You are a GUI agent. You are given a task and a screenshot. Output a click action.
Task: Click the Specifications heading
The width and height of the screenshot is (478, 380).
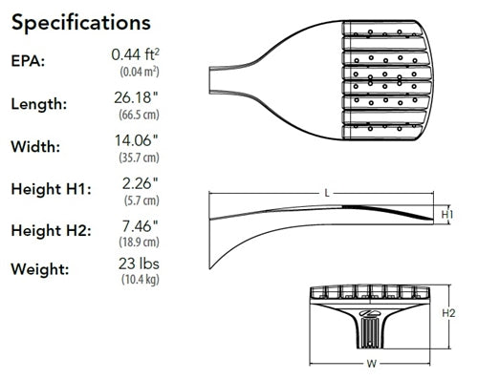[x=81, y=21]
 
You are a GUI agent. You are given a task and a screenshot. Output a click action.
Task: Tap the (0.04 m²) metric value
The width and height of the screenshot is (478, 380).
[x=139, y=73]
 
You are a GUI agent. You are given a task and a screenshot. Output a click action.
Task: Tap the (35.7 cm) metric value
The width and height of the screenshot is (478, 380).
[x=139, y=158]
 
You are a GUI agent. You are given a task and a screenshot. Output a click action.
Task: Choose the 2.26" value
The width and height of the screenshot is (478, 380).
[x=139, y=182]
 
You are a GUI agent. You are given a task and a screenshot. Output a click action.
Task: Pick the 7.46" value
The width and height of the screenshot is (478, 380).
[x=139, y=224]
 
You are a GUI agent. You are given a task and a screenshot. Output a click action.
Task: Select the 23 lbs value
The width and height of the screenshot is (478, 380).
[x=139, y=264]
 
